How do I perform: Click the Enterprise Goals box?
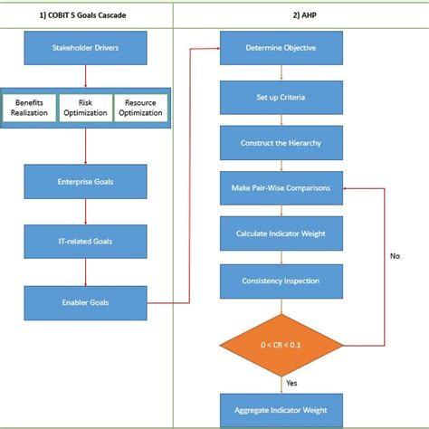click(84, 182)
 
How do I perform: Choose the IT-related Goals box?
click(84, 240)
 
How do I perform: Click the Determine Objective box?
click(280, 48)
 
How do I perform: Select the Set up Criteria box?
click(280, 96)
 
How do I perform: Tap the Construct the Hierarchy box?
click(280, 143)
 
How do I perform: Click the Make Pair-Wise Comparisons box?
click(280, 188)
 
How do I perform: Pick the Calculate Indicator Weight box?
click(280, 234)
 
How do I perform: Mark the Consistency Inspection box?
click(280, 281)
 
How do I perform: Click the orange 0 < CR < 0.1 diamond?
click(280, 344)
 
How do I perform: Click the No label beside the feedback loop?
click(394, 256)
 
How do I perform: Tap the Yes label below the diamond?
click(292, 383)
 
